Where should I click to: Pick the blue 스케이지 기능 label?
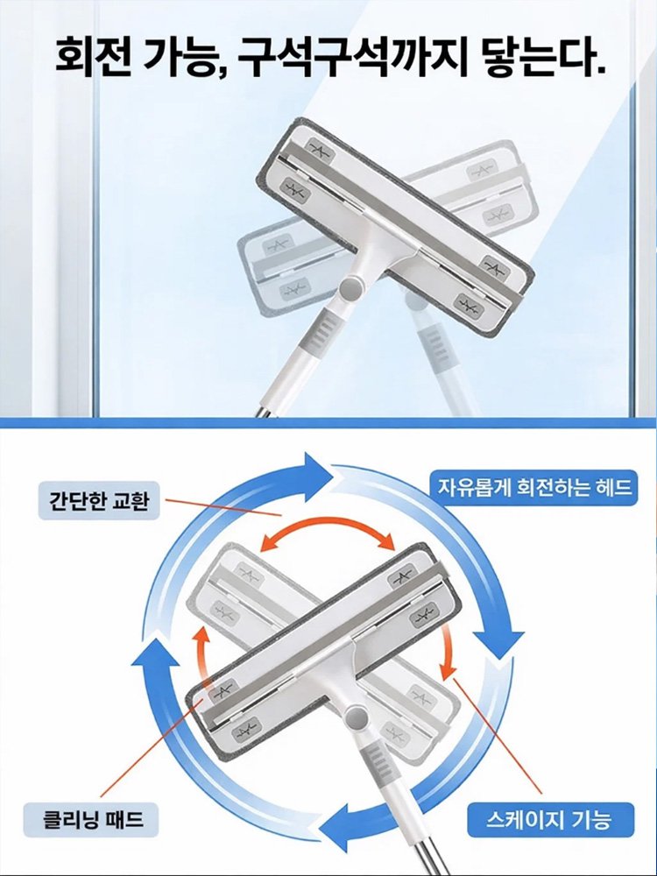click(x=548, y=821)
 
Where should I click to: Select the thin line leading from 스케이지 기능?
click(x=499, y=745)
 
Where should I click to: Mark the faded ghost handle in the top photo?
click(x=437, y=350)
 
